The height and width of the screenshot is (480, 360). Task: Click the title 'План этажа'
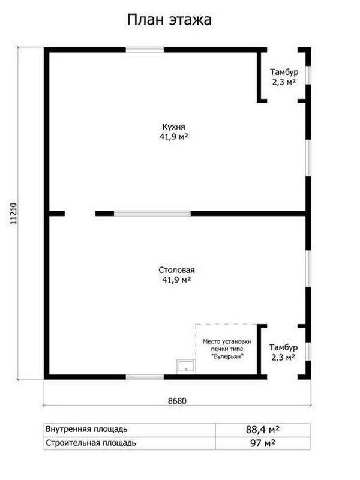169,20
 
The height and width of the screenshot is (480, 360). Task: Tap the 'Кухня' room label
173,127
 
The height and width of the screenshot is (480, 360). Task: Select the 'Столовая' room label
176,270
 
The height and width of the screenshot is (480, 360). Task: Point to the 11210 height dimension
13,214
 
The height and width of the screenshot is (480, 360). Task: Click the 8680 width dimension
177,401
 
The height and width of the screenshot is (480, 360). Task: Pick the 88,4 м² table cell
263,430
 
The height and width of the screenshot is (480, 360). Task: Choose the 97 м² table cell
263,443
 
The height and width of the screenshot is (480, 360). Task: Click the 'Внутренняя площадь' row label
86,429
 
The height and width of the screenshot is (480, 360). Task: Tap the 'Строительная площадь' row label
91,443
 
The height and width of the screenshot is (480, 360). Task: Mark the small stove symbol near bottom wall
187,366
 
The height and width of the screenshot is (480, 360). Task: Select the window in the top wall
145,50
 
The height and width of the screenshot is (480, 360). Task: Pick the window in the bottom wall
145,377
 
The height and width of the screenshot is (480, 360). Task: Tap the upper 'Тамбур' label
284,72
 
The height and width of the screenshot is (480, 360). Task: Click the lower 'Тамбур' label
283,347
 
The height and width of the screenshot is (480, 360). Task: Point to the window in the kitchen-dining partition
152,214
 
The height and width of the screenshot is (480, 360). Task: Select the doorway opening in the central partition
80,214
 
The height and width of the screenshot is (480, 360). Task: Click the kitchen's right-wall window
308,158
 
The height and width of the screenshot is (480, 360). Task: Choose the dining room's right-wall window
308,269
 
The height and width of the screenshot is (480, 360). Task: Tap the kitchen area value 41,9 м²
173,137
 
